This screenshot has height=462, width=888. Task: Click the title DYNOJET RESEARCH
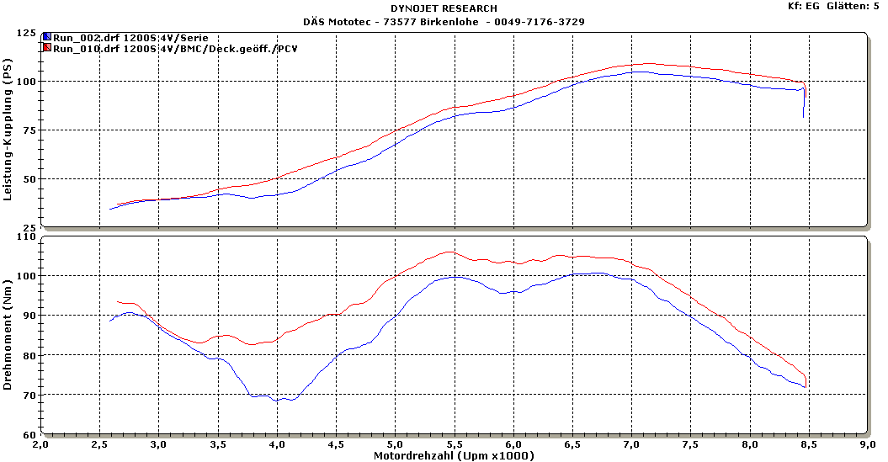click(444, 8)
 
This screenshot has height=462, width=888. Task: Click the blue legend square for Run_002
click(47, 38)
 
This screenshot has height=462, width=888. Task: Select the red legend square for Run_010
click(47, 49)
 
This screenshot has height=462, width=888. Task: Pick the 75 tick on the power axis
click(29, 130)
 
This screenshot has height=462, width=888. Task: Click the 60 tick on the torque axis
click(29, 435)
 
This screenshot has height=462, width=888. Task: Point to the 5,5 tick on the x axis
click(455, 444)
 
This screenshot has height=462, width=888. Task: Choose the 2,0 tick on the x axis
click(41, 444)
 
